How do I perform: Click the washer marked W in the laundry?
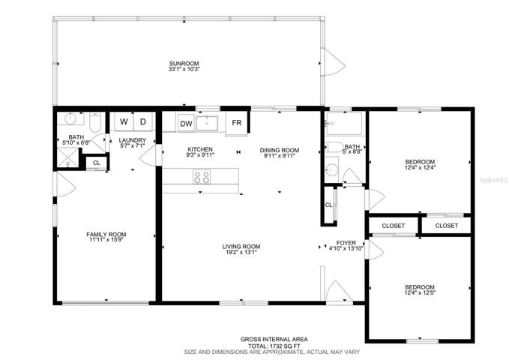point(124,121)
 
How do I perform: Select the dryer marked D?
point(143,121)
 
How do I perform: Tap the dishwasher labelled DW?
point(186,124)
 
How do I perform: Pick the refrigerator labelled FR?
point(237,123)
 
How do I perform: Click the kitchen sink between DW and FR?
point(207,124)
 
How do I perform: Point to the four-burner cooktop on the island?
point(202,177)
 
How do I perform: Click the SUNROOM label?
point(184,64)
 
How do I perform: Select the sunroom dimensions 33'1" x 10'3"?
point(184,69)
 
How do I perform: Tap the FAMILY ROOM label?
point(106,234)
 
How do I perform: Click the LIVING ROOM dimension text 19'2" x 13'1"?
point(241,252)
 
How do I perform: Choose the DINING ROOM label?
point(280,150)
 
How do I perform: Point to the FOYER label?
point(346,243)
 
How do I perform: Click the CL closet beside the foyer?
point(329,205)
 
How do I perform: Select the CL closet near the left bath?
point(97,163)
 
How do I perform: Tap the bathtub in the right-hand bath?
point(344,124)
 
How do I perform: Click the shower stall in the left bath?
point(68,157)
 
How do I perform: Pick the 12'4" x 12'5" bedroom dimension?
point(420,292)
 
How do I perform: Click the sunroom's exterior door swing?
point(333,62)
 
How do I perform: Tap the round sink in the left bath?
point(70,118)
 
